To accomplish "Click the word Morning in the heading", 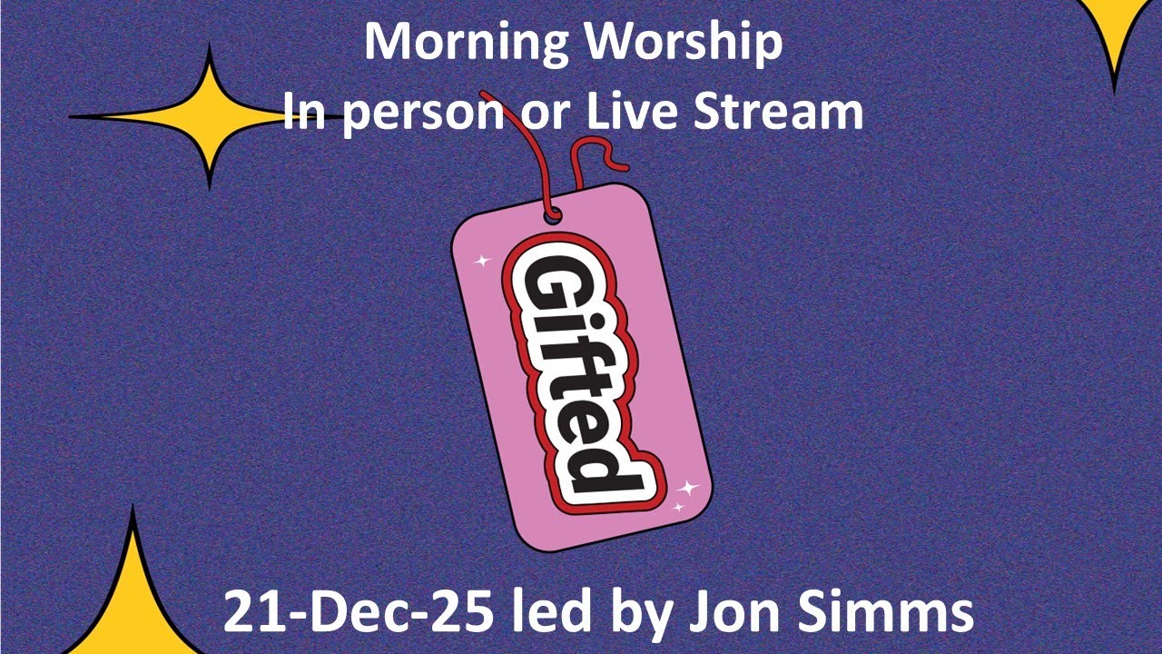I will click(x=457, y=43).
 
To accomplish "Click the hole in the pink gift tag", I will click(x=551, y=216).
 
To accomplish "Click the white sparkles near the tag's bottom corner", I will click(x=684, y=494).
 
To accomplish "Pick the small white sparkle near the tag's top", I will click(x=482, y=261).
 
